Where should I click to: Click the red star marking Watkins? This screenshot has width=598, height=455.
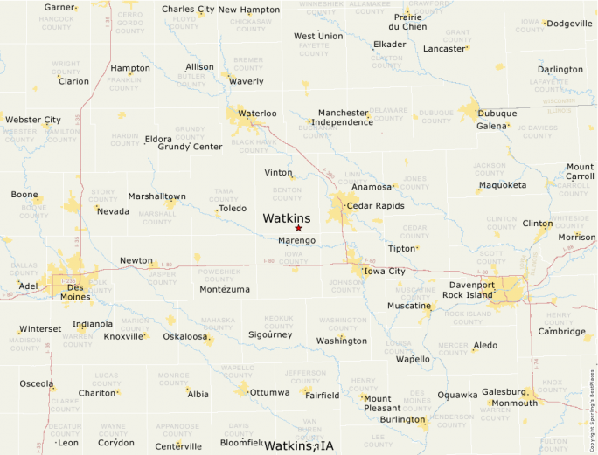pos(298,229)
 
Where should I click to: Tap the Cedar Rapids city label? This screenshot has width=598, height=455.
pos(376,206)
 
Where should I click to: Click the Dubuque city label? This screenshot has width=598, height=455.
pos(497,113)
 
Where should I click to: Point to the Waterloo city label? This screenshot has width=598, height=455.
pos(257,114)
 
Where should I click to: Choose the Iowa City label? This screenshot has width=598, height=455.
pos(385,272)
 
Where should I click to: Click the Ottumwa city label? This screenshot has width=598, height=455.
pos(269,392)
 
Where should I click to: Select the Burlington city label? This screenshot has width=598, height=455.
pos(402,419)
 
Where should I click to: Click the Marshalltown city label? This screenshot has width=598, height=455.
pos(156,196)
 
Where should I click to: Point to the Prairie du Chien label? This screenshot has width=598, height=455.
pos(407,22)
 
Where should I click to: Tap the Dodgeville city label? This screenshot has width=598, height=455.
pos(568,24)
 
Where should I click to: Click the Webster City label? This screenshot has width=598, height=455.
pos(33,120)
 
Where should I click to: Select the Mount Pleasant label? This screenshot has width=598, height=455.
pos(382,403)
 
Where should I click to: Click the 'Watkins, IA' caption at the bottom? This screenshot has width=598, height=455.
pos(299,446)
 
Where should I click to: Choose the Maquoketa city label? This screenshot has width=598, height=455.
pos(503,185)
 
